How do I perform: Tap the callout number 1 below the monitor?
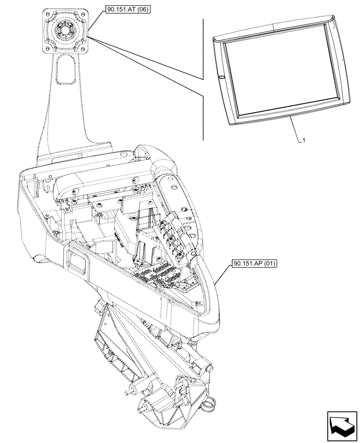click(x=303, y=141)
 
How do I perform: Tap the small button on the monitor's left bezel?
click(x=221, y=79)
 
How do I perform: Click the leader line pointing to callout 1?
click(x=296, y=129)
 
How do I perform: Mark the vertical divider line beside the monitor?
click(x=203, y=80)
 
